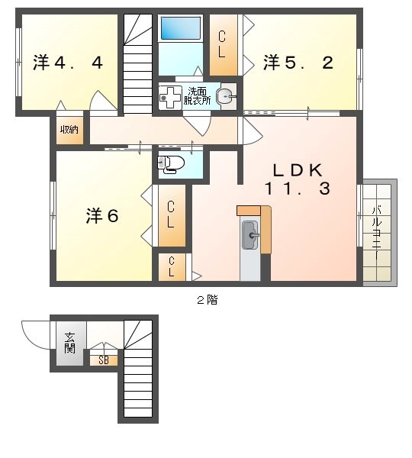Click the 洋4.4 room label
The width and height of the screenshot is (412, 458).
click(68, 63)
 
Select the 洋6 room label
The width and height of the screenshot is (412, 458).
click(101, 216)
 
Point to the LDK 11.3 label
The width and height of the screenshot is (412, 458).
click(298, 179)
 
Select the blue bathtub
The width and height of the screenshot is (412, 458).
click(180, 29)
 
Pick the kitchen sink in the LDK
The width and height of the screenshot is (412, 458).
click(250, 236)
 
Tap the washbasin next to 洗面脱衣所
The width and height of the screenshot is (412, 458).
click(224, 96)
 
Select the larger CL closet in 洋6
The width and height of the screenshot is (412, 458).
click(172, 215)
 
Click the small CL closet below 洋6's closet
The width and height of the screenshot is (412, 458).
click(172, 267)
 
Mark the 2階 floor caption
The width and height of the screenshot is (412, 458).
click(207, 300)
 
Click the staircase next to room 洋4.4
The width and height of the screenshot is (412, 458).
click(138, 65)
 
